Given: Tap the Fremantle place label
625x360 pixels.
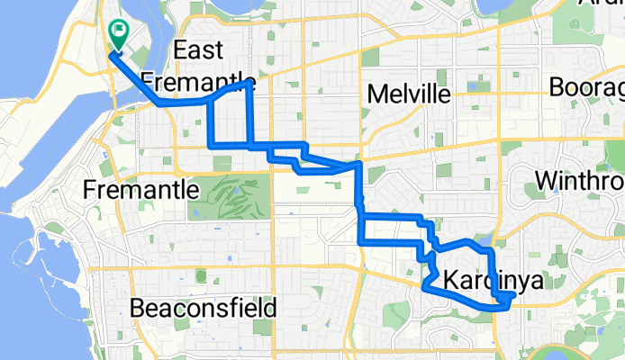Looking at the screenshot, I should tap(140, 190).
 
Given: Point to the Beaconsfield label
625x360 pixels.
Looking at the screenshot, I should tap(203, 308).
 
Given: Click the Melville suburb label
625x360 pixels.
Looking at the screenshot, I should tap(409, 94).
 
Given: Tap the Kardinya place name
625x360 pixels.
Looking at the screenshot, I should tap(494, 283).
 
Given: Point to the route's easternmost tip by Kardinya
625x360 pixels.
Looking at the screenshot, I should tap(513, 294).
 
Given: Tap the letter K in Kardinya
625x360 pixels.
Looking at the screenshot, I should tap(449, 283).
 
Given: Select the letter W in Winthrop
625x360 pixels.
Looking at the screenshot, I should tap(545, 181).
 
